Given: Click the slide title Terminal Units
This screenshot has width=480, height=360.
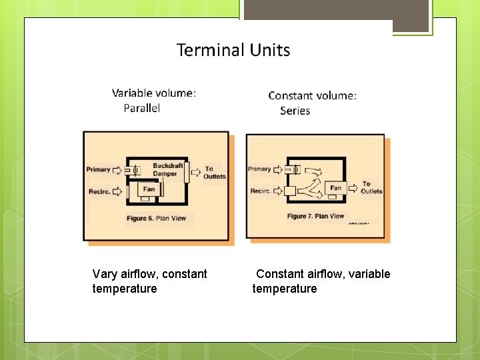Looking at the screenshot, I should [233, 50].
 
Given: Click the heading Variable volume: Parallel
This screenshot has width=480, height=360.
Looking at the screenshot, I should [153, 101].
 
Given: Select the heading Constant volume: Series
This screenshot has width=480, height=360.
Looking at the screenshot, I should [312, 103].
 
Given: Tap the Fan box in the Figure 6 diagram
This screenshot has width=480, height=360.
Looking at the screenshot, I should [149, 189].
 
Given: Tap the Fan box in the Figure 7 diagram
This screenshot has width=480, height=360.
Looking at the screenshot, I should [335, 188].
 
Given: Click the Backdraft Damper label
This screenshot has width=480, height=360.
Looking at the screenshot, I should [167, 169].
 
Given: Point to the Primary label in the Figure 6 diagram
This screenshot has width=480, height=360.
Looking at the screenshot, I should [98, 169].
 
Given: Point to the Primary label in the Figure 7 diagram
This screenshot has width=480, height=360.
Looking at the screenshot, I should [259, 169].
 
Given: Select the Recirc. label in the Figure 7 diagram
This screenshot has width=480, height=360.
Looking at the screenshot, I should [260, 191].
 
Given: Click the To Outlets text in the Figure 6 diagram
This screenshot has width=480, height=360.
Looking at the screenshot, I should [214, 173].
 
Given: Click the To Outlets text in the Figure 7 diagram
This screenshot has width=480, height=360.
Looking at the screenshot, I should [371, 187].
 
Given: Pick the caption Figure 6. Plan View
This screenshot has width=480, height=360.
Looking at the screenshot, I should [157, 218].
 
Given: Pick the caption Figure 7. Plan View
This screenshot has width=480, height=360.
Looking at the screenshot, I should [315, 216].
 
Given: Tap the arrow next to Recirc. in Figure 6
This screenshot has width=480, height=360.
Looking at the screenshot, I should [118, 191].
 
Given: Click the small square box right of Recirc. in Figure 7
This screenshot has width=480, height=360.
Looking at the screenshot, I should [289, 191].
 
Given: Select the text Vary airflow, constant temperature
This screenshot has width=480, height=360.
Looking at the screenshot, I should [150, 281].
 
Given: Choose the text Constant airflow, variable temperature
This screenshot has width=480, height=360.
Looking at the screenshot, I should [321, 281].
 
